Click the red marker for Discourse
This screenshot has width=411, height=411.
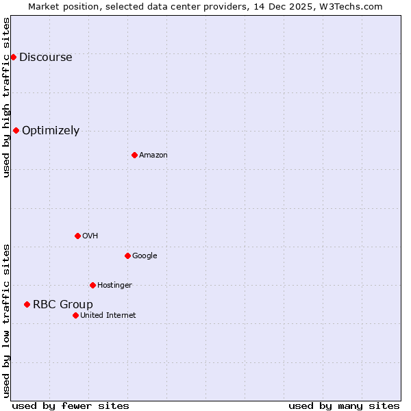(x=13, y=57)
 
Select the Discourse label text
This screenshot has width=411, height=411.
(x=45, y=58)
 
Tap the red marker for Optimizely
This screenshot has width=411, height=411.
(x=16, y=130)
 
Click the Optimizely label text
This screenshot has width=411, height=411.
(x=51, y=131)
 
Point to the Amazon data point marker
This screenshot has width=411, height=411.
(x=134, y=155)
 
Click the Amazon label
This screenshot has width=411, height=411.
(x=153, y=155)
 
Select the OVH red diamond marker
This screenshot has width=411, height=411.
(x=77, y=236)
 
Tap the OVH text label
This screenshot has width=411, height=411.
(x=90, y=236)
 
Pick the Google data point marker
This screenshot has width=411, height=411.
(x=127, y=256)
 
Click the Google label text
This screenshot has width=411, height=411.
(x=145, y=256)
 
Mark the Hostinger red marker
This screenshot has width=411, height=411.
(x=92, y=285)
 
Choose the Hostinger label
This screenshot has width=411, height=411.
(x=114, y=286)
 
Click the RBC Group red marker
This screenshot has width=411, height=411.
(x=27, y=304)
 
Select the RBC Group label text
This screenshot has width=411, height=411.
(x=62, y=305)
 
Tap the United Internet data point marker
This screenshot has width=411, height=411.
(x=75, y=315)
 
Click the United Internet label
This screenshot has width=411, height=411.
(x=108, y=316)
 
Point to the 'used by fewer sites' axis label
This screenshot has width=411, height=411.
(x=71, y=406)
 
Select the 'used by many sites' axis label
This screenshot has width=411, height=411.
(x=344, y=406)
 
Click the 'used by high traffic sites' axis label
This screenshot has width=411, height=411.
(x=6, y=97)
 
